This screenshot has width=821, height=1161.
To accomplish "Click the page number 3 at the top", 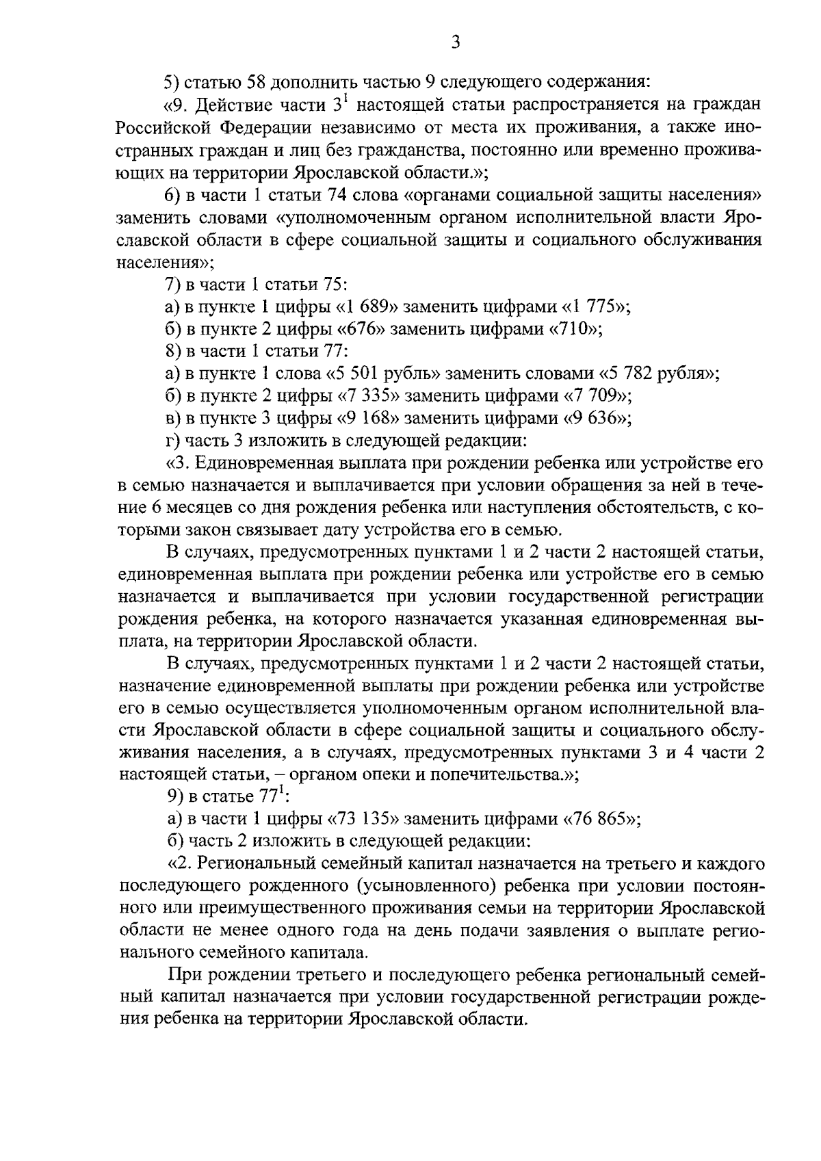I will click(x=456, y=43).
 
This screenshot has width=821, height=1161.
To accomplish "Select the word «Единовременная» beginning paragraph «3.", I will click(x=263, y=463).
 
